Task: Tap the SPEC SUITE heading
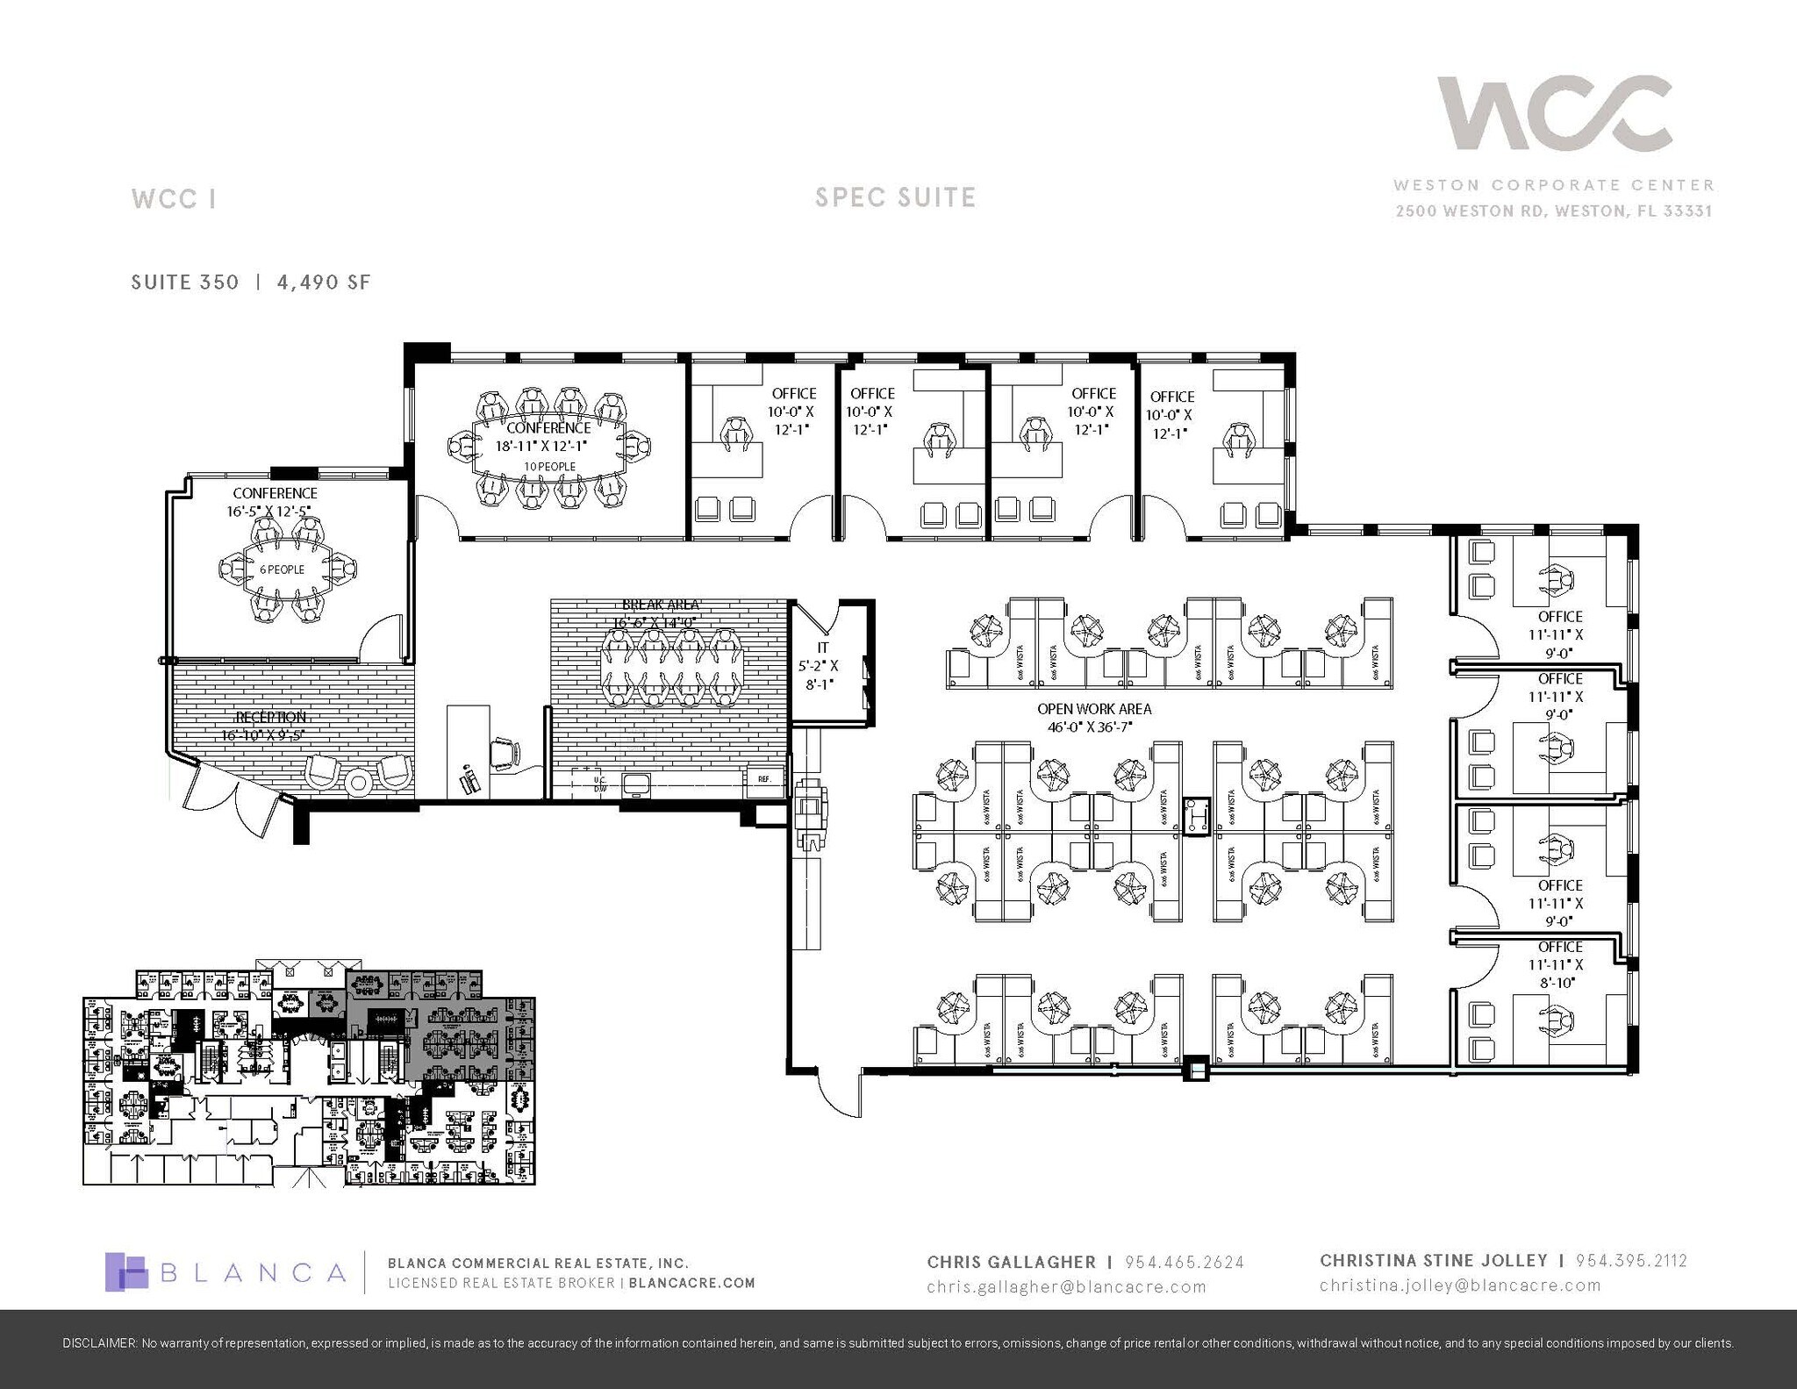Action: point(895,197)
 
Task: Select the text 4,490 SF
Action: point(324,282)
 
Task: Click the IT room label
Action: point(822,648)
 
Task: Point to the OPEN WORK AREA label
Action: point(1094,708)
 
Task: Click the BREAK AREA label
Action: point(661,605)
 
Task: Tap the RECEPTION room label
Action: point(270,717)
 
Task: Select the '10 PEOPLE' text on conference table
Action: point(550,466)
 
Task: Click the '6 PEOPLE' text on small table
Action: point(282,569)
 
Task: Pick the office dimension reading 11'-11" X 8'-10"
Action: point(1560,973)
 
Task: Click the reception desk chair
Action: point(505,752)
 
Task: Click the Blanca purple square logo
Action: point(126,1271)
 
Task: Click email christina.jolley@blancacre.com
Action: point(1460,1285)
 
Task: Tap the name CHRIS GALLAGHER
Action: point(1011,1262)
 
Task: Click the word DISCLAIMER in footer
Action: point(99,1343)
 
